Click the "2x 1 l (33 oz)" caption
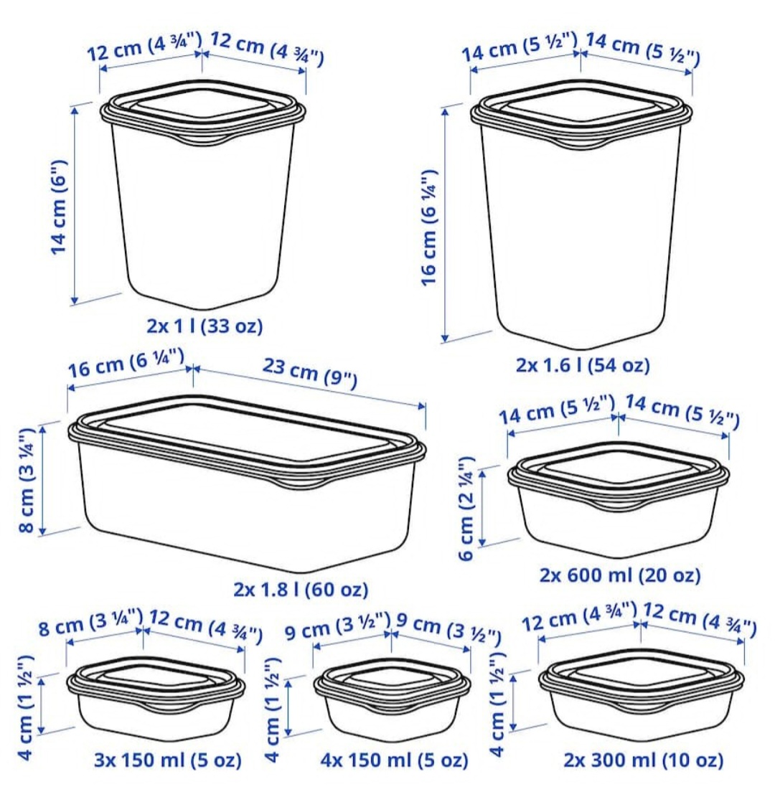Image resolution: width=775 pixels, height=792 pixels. click(205, 326)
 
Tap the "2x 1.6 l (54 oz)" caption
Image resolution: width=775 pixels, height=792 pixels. click(583, 365)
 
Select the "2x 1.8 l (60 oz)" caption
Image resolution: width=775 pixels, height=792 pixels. click(301, 590)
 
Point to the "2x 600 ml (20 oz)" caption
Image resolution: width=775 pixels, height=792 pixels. click(620, 575)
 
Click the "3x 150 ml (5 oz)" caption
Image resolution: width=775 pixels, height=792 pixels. click(168, 760)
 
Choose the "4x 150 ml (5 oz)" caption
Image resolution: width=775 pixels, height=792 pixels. click(394, 760)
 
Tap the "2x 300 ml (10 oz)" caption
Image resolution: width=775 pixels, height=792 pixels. click(643, 760)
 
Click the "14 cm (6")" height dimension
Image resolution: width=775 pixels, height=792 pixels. click(59, 207)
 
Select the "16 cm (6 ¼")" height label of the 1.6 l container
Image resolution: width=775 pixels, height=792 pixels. click(428, 228)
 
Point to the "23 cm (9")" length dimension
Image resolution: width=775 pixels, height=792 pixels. click(310, 373)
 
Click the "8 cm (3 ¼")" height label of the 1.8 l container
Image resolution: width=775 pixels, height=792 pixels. click(27, 480)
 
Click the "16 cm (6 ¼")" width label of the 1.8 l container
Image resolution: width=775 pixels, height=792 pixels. click(126, 363)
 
